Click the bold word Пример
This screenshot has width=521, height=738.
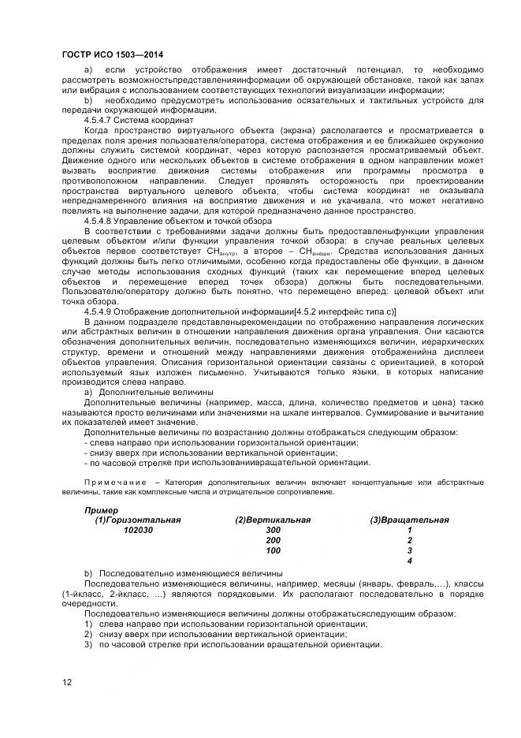tap(101, 510)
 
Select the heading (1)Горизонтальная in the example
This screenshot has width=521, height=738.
tap(138, 520)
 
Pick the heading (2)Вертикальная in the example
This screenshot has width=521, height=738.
tap(273, 520)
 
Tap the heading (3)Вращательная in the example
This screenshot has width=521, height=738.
tap(409, 520)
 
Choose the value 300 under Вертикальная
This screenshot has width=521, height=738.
tap(273, 531)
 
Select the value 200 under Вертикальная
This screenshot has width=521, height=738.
tap(273, 541)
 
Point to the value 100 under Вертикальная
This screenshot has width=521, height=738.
tap(273, 551)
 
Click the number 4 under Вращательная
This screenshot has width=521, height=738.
tap(409, 561)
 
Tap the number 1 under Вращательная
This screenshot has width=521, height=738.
tap(409, 531)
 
